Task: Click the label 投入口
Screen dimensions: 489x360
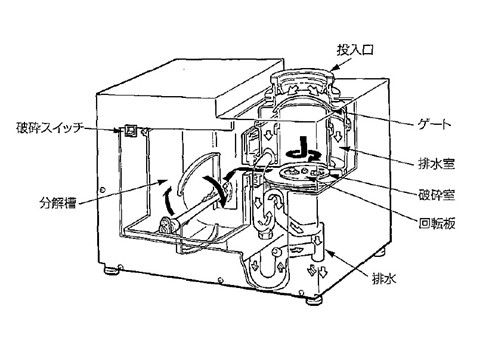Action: [x=355, y=50]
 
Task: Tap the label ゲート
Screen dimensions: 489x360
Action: [x=434, y=125]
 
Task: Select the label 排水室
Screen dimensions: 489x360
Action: [x=436, y=163]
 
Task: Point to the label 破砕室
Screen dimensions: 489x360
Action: [x=436, y=194]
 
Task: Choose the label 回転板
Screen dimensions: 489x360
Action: [x=437, y=223]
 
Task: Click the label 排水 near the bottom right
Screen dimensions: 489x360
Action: [x=384, y=278]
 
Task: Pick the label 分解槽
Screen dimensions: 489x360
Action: [x=58, y=203]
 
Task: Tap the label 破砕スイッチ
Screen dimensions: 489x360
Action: [x=49, y=128]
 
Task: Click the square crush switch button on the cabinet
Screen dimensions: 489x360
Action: [x=130, y=130]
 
